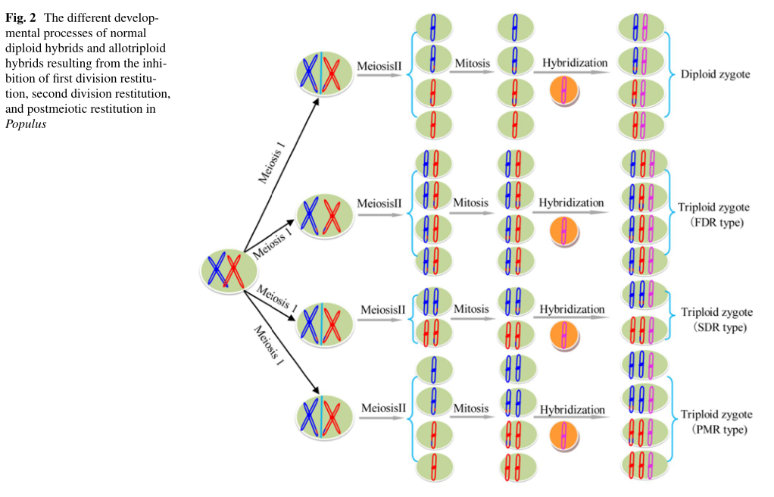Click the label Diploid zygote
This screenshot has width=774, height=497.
tap(715, 74)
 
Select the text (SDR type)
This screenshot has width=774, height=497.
tap(716, 327)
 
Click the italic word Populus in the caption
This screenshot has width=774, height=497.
tap(26, 123)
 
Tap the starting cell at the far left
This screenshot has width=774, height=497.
tap(224, 271)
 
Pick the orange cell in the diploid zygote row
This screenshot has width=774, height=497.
tap(564, 92)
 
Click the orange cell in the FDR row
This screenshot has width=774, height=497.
tap(564, 230)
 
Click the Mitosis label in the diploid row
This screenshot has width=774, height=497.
tap(473, 64)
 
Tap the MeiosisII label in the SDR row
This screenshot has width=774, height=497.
tap(383, 310)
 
